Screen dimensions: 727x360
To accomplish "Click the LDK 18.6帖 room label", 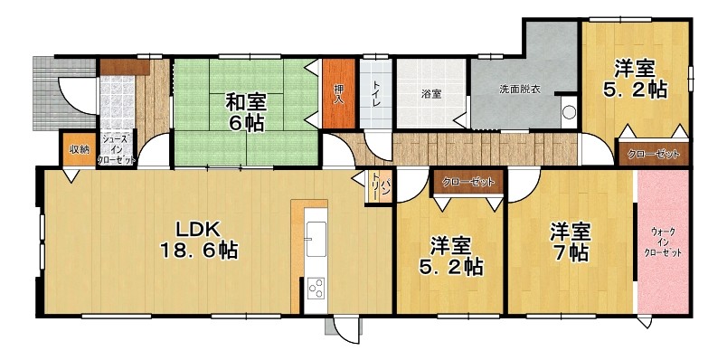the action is [199, 240].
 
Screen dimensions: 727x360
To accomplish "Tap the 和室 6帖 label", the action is [245, 112].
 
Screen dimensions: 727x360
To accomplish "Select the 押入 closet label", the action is [339, 94].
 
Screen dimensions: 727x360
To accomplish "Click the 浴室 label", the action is [431, 94].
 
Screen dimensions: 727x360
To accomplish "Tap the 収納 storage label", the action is [78, 149].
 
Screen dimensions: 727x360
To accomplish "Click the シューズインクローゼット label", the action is [117, 148].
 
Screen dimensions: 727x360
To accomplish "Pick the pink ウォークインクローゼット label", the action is [663, 242].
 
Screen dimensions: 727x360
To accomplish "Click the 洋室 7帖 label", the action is [570, 242].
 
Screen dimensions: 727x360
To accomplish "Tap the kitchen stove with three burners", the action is [316, 289].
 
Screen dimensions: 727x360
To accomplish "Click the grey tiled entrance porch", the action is [64, 93].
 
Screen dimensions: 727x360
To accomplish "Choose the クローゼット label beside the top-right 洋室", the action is [653, 155].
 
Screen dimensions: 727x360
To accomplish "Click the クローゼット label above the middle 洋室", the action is [467, 183].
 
